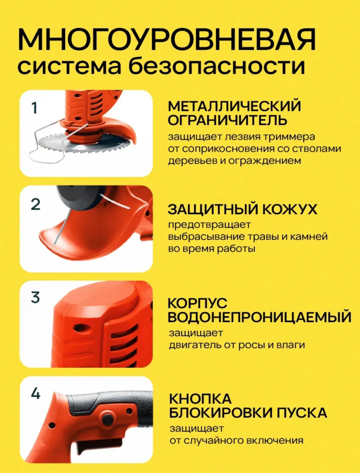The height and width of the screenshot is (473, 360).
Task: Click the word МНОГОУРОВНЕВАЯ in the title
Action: pyautogui.click(x=167, y=40)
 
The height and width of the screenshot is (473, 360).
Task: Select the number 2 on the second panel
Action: pyautogui.click(x=36, y=204)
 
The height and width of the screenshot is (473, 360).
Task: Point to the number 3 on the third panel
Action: pyautogui.click(x=35, y=297)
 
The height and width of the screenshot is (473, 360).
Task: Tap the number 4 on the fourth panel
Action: pyautogui.click(x=36, y=393)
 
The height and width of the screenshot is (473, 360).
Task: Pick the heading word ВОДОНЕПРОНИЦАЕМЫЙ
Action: pyautogui.click(x=260, y=317)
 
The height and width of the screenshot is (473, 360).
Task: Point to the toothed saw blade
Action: pyautogui.click(x=84, y=143)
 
